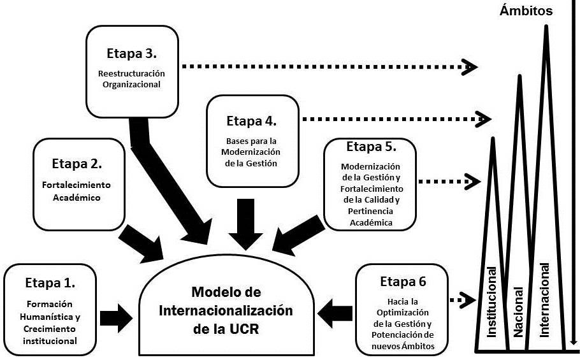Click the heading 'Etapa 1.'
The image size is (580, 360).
50,282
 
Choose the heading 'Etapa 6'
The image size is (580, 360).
403,282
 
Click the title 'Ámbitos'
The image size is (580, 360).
526,10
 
